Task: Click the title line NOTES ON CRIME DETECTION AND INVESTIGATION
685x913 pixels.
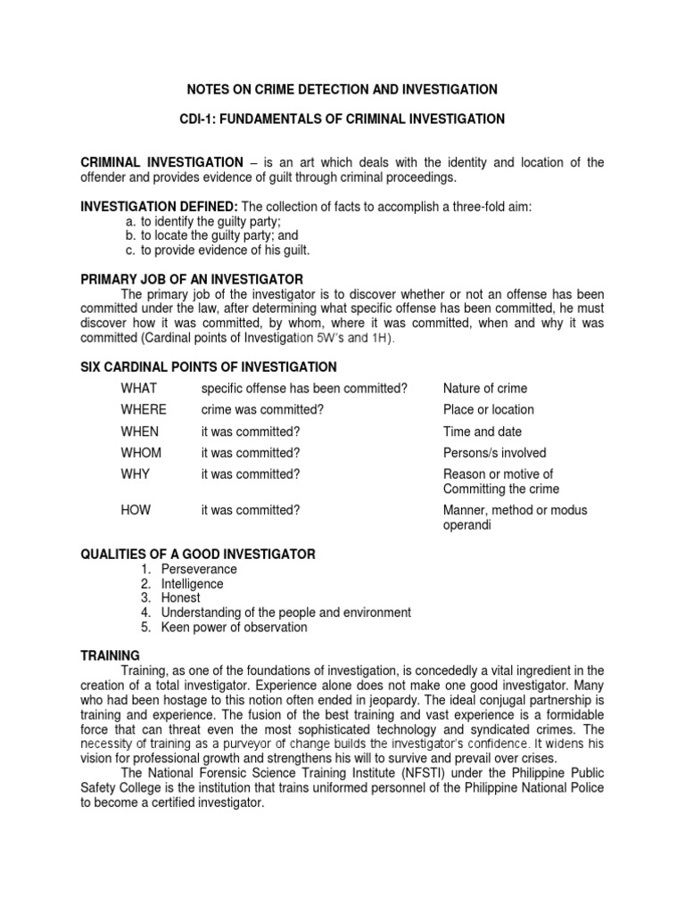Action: (342, 90)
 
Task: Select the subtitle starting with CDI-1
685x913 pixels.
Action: (342, 119)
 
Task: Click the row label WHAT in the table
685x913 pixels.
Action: (139, 388)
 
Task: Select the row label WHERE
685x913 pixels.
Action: (144, 409)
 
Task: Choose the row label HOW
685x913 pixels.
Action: (136, 510)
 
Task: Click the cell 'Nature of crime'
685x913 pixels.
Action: (484, 388)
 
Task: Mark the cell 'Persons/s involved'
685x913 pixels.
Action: (494, 453)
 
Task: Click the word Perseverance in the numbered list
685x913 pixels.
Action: (199, 569)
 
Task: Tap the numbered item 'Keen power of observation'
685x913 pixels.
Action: (234, 627)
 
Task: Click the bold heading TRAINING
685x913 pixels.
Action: (111, 655)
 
